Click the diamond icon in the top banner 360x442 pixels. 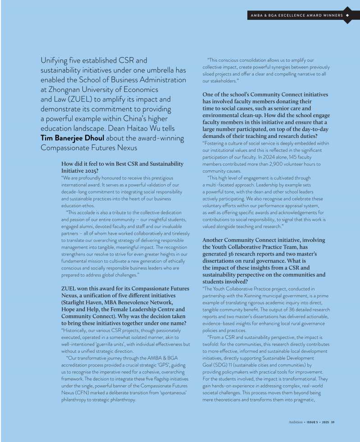point(348,16)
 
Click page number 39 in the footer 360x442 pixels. point(333,422)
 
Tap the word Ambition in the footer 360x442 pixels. point(296,422)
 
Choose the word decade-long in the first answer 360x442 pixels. point(74,191)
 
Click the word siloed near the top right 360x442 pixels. point(209,74)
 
